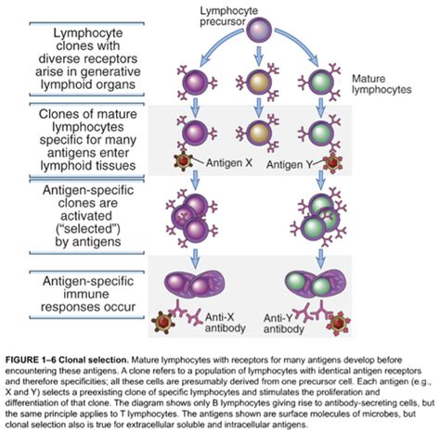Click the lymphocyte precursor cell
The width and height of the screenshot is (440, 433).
pos(259,31)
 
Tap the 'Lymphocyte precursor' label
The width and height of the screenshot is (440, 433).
pos(228,16)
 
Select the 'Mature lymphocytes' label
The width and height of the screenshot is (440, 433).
pos(382,84)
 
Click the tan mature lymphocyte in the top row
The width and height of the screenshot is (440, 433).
pos(259,83)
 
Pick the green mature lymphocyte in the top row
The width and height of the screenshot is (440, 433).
pos(321,83)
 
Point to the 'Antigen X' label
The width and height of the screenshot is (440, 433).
pos(229,162)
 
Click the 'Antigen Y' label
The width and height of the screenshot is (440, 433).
pos(290,164)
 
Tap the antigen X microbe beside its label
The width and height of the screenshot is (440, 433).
pos(183,161)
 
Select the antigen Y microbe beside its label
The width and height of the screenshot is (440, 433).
pos(332,162)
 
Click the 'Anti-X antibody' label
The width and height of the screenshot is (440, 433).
pos(225,323)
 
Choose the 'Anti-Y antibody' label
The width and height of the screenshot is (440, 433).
pos(283,324)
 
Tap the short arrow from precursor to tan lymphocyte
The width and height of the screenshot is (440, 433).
pos(259,56)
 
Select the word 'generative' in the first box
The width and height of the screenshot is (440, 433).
pos(114,71)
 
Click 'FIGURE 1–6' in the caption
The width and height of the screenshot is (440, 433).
pos(31,360)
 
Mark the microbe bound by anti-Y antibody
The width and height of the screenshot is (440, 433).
pos(339,324)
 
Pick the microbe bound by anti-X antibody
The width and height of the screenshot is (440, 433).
pos(163,323)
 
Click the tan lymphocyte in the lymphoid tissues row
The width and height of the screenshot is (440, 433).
pos(259,133)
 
